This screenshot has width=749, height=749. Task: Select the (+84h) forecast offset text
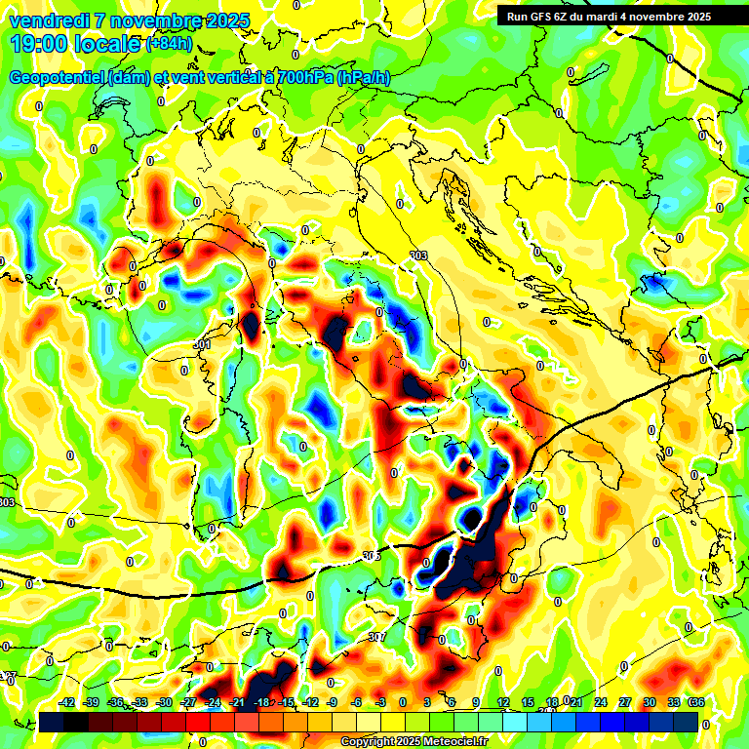(x=169, y=44)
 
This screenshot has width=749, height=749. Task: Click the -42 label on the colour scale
(x=67, y=702)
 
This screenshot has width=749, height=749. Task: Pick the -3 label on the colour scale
(x=380, y=702)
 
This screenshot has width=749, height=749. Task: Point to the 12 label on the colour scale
(x=502, y=702)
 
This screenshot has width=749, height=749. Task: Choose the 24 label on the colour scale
(x=600, y=702)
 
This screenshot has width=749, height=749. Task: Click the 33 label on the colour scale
(x=673, y=702)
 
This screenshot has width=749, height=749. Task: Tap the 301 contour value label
(x=202, y=345)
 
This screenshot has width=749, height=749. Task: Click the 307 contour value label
(x=378, y=638)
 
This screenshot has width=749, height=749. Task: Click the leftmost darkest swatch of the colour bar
(x=52, y=722)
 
